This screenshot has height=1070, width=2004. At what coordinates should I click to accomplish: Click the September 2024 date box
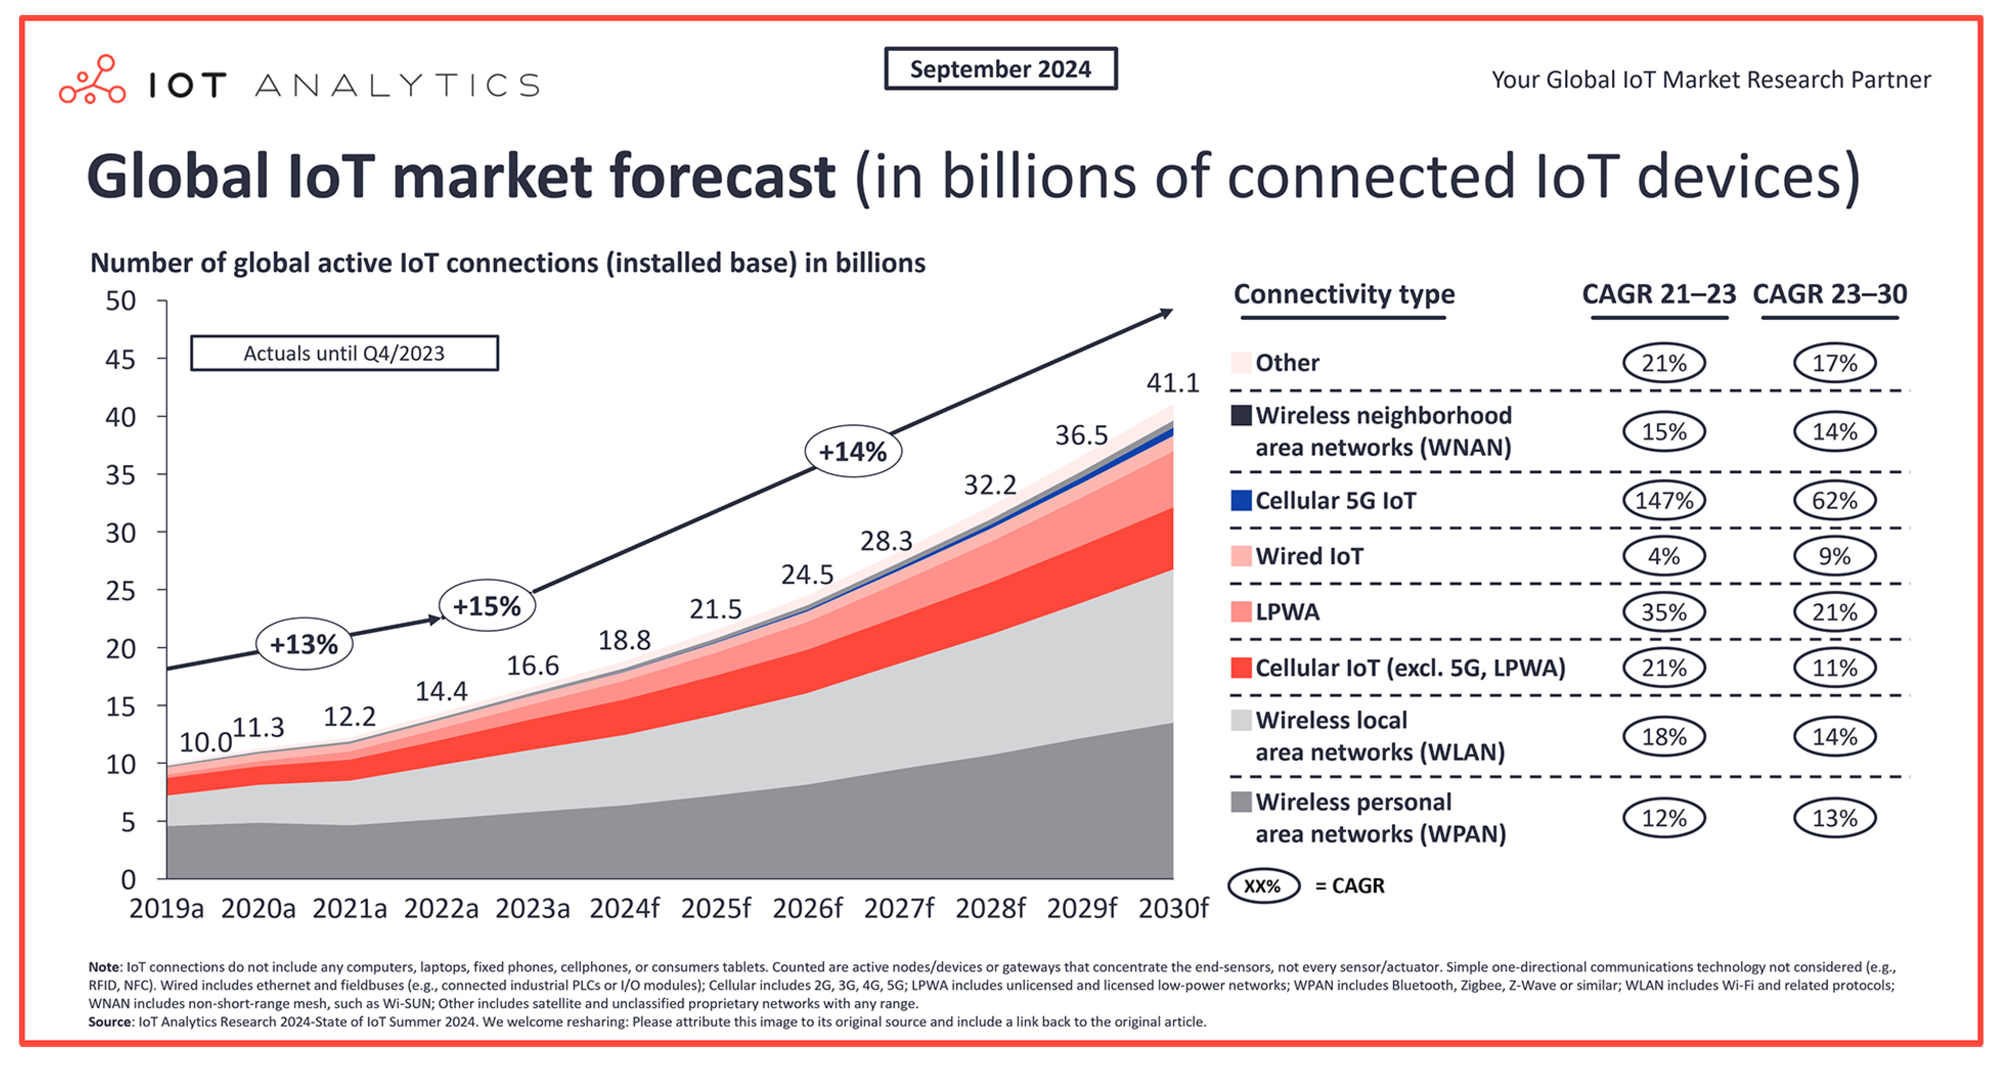point(1000,69)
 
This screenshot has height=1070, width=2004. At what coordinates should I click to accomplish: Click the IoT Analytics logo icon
point(92,79)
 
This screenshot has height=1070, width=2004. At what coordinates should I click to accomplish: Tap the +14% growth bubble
point(853,451)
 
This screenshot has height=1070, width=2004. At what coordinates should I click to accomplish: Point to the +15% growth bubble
point(487,606)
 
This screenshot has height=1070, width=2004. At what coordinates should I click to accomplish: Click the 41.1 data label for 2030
point(1172,383)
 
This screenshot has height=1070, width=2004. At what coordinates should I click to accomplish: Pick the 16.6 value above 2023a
point(533,666)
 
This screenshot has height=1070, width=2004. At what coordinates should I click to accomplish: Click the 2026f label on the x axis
point(807,908)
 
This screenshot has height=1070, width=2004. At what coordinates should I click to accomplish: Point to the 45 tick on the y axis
point(120,359)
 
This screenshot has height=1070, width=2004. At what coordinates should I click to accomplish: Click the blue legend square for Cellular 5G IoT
point(1241,500)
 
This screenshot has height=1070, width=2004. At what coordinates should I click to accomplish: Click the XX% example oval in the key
point(1263,886)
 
